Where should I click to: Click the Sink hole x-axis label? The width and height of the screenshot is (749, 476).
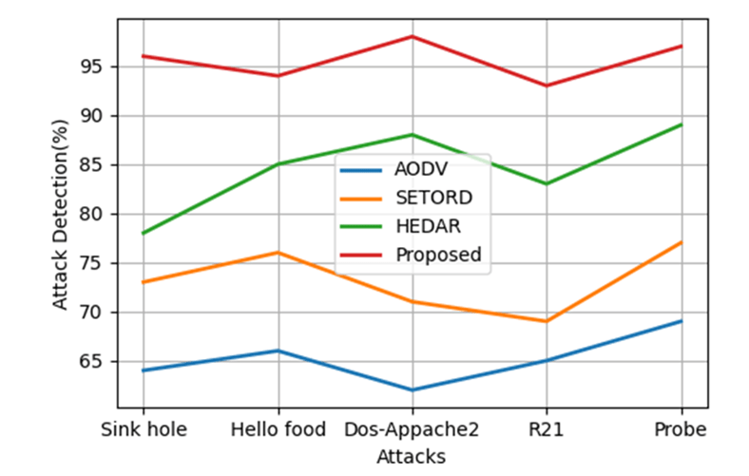144,429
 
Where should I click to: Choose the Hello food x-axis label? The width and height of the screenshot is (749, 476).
278,429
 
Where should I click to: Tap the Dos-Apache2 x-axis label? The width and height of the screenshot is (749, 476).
413,429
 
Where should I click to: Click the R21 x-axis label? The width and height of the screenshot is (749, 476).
547,429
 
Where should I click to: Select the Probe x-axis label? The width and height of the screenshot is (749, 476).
681,429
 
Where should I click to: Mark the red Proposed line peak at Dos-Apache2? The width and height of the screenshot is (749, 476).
413,36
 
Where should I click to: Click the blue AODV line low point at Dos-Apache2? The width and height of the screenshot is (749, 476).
413,390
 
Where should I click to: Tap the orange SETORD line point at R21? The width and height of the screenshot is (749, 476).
547,321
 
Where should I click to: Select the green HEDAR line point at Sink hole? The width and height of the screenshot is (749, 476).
144,233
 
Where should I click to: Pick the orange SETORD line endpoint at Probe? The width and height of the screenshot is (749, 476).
681,242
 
